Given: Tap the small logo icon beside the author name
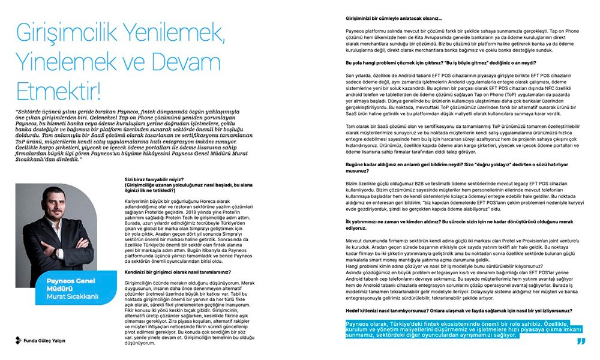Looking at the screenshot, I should [19, 340].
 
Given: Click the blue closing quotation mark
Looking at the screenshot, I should [580, 341].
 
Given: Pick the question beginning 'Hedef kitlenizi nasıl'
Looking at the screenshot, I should [456, 312].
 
